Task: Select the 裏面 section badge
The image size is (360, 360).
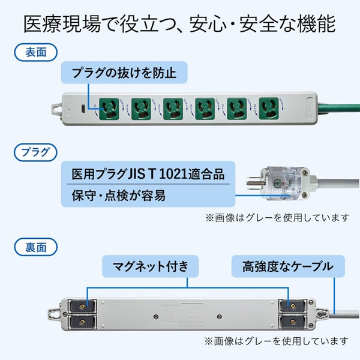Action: pyautogui.click(x=31, y=245)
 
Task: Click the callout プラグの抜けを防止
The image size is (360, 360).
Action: pyautogui.click(x=124, y=74)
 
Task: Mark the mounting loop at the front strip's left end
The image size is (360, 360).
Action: pyautogui.click(x=57, y=109)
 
